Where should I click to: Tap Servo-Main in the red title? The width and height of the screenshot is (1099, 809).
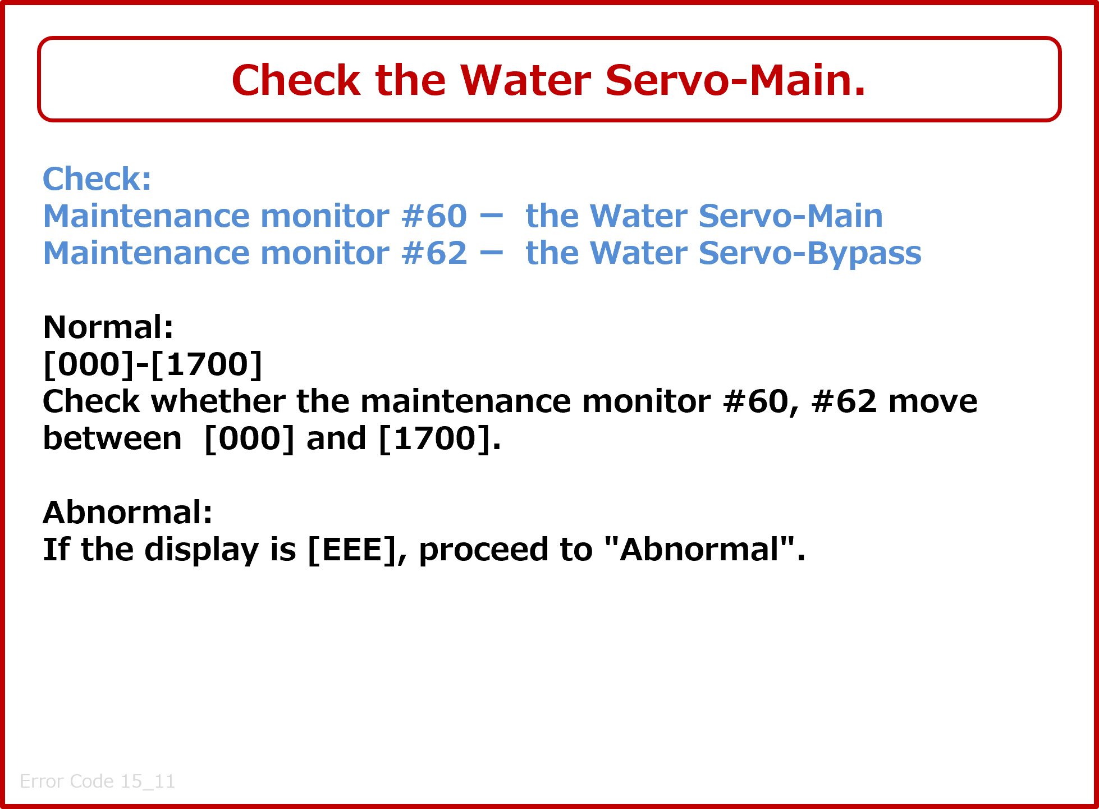click(735, 80)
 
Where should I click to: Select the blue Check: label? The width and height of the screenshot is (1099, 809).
click(97, 179)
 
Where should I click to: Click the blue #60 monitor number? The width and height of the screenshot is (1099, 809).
click(434, 216)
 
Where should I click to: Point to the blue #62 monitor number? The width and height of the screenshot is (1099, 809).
click(434, 253)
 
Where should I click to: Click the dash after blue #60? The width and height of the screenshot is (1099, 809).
click(492, 216)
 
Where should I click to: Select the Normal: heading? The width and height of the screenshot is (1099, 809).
click(108, 327)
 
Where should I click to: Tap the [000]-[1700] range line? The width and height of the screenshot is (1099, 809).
click(153, 364)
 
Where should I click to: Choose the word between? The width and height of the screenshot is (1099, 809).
click(112, 438)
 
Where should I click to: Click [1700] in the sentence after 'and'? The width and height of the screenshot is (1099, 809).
click(436, 439)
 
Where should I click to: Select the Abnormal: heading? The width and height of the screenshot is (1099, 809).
click(128, 512)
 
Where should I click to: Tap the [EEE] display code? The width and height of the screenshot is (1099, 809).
click(352, 550)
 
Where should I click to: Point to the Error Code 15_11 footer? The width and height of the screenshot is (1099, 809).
click(98, 781)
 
